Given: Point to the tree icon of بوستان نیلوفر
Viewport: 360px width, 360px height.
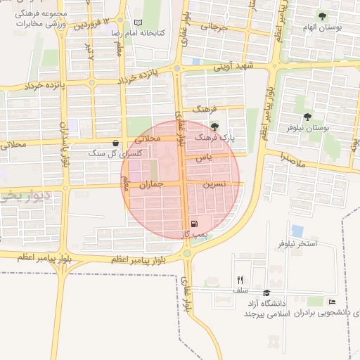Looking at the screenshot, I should pos(307,117).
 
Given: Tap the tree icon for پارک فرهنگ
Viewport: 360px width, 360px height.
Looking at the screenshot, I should pos(214,127).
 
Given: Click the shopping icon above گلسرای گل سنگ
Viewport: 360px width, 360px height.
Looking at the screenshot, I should pos(115,143).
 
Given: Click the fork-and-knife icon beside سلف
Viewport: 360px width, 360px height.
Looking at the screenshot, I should pos(240,280).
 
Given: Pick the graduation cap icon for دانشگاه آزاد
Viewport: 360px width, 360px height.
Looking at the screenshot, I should pos(266,292).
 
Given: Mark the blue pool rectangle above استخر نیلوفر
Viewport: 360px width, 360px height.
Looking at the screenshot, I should pos(297,231).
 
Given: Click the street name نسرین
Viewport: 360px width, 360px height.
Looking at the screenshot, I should pos(214,184).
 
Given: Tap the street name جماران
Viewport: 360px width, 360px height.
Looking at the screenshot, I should pos(151,184).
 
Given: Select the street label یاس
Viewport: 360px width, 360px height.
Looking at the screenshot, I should pos(204,157).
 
